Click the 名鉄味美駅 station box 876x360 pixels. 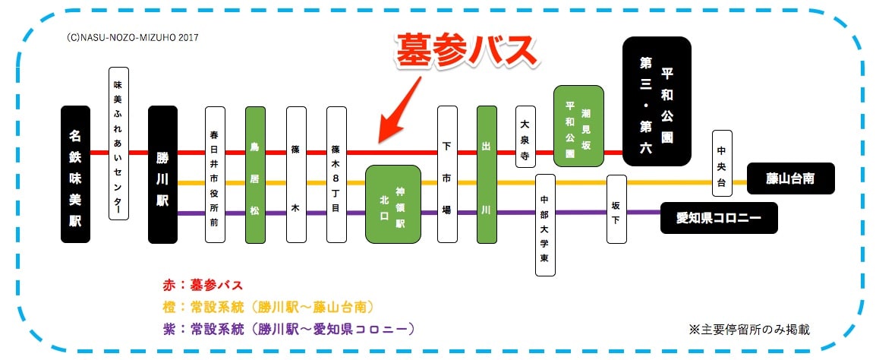75,175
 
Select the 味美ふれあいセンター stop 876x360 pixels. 118,144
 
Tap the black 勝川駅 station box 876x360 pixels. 162,175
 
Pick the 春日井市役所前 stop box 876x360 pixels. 215,175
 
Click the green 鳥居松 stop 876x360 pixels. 255,175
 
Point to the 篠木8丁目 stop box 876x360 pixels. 336,175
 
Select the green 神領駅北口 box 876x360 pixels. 392,204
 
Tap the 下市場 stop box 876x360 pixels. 447,175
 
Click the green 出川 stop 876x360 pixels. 487,175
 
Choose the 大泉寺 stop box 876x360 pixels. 525,137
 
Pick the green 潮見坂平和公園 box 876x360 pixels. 578,126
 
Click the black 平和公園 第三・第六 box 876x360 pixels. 657,101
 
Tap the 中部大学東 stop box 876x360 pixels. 545,226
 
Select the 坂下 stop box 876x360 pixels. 617,209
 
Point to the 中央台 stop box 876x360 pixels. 722,163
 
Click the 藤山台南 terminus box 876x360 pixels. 790,178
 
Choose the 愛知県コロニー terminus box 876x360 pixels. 718,217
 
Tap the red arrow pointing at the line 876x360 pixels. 399,109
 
